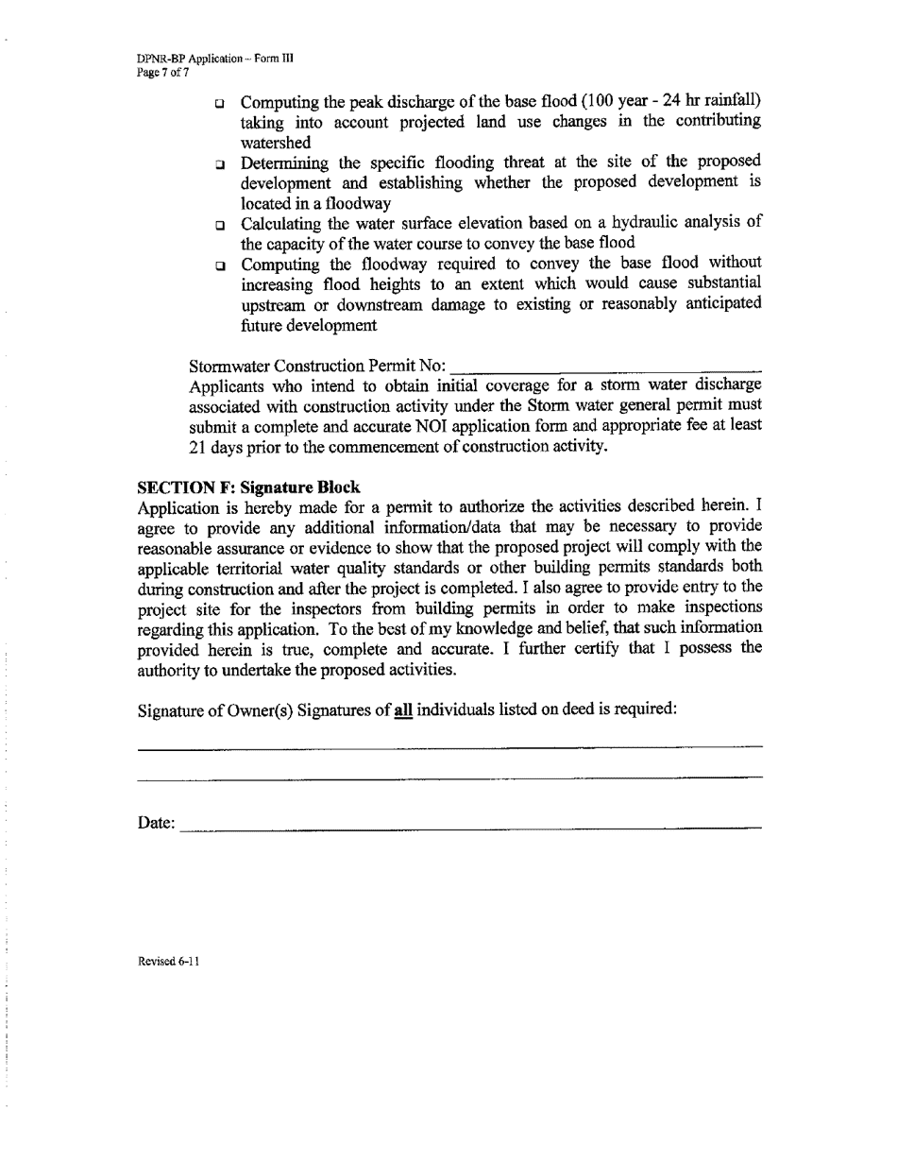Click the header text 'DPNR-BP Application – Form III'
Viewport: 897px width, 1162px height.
click(215, 58)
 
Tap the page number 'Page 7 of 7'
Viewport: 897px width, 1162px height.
click(163, 72)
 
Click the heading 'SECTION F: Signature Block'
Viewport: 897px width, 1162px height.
click(248, 487)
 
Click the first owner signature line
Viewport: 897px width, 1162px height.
click(449, 746)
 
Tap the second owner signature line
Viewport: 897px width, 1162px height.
click(449, 778)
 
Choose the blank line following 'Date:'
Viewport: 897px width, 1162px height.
click(470, 828)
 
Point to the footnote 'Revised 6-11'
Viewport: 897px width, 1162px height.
click(168, 962)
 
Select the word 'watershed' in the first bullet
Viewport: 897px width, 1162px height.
click(276, 143)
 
